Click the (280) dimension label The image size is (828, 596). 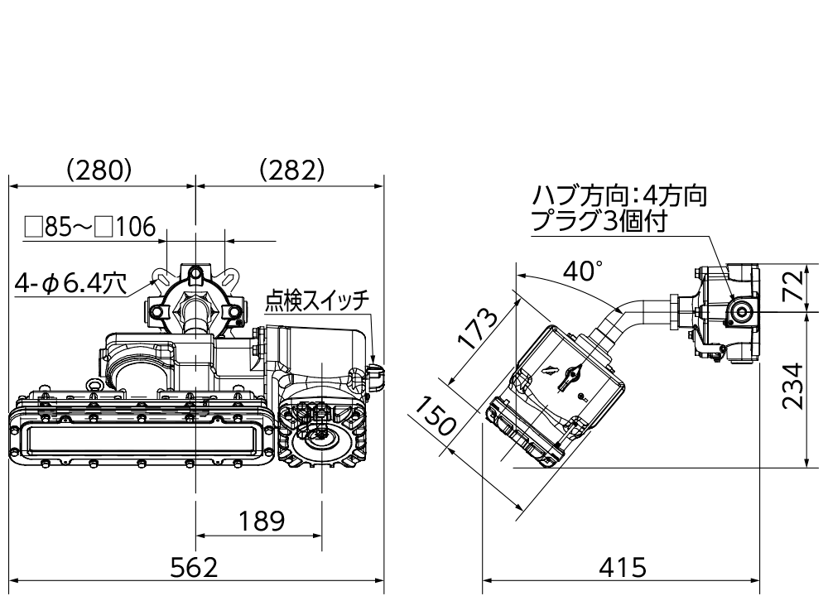tap(99, 170)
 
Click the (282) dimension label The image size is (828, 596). tap(291, 170)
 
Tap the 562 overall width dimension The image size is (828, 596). tap(194, 568)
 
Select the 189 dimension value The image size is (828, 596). tap(262, 521)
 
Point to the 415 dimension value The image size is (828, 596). tap(623, 568)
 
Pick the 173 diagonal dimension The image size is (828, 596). tap(478, 329)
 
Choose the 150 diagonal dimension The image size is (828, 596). tap(436, 417)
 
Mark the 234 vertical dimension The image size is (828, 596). tap(793, 387)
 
